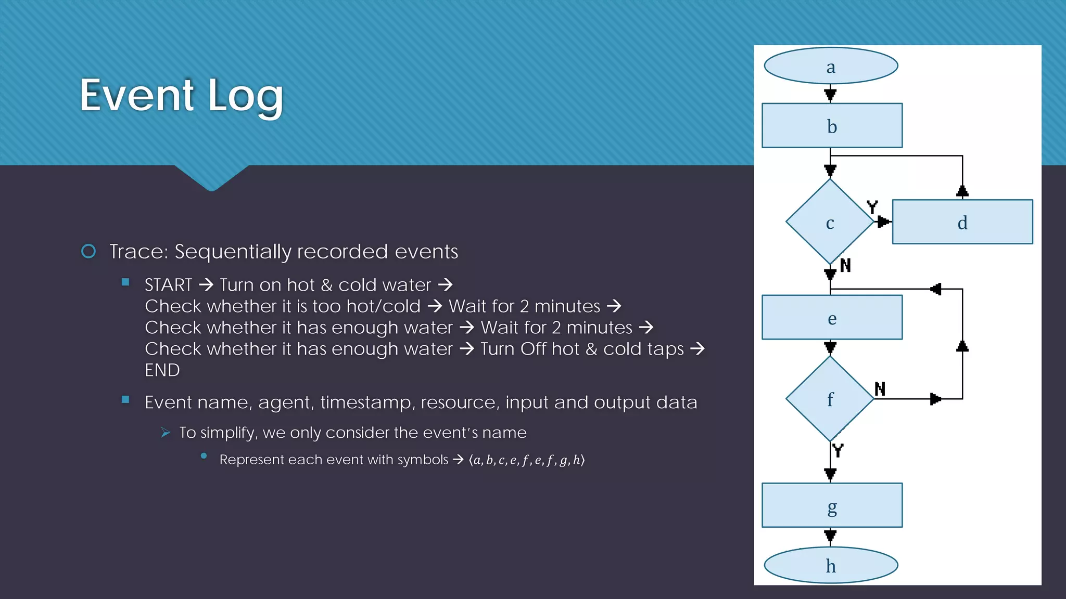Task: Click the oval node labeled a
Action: pos(831,66)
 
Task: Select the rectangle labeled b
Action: pos(832,126)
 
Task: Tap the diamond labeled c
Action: pos(830,222)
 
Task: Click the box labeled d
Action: pos(962,222)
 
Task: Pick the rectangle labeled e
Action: pos(832,318)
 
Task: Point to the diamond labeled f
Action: pos(830,399)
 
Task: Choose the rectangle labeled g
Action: pos(832,505)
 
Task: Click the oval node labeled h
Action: pos(831,565)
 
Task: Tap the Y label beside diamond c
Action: pos(872,207)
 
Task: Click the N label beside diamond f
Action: pos(880,388)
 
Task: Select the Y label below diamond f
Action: pos(837,450)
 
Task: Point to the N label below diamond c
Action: pos(845,265)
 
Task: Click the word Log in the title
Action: pos(246,96)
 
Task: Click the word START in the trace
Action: pos(168,285)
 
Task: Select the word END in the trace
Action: pos(162,370)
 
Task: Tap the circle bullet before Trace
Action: pos(88,252)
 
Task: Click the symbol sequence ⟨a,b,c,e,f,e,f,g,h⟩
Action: pos(526,460)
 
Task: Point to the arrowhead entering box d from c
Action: pos(883,222)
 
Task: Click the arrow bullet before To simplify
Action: pos(166,433)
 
